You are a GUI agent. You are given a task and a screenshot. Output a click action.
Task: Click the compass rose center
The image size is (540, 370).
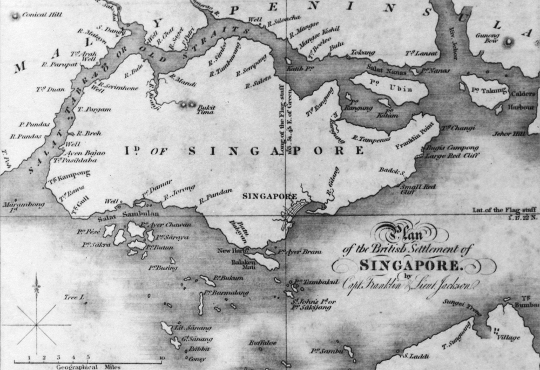pos(37,324)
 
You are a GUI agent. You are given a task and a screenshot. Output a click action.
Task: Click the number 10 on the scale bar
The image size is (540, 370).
pos(161,357)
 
